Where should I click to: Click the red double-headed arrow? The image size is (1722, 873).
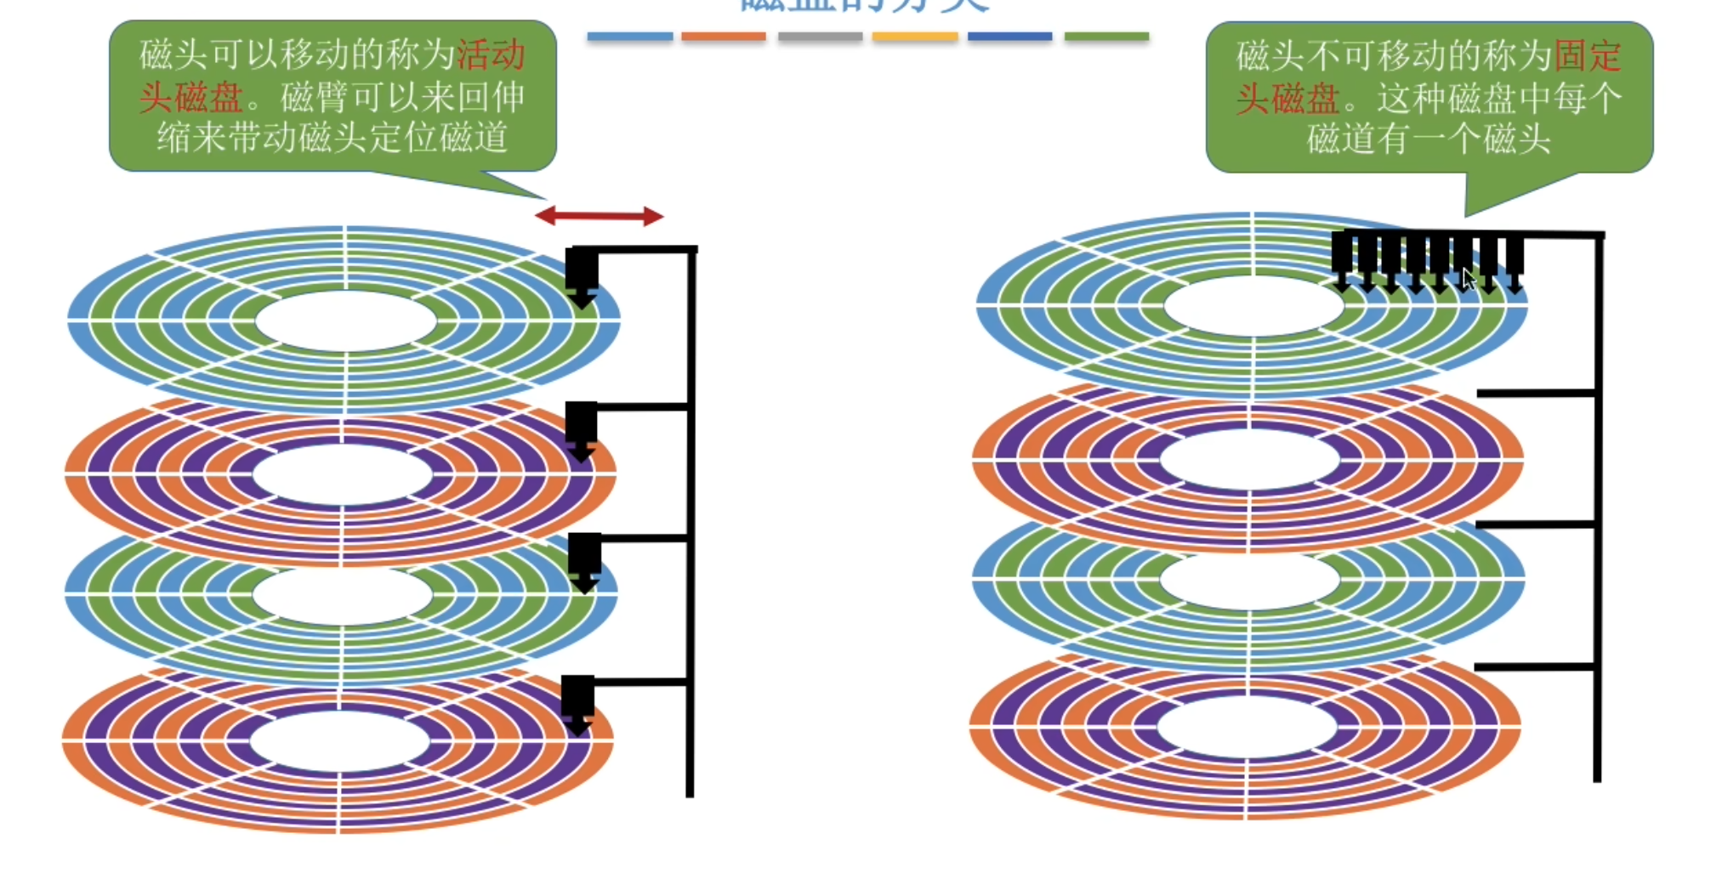tap(599, 216)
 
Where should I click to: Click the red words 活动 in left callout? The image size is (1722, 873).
tap(491, 56)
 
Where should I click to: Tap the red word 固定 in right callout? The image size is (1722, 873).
tap(1587, 57)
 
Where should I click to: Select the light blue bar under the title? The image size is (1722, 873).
tap(629, 37)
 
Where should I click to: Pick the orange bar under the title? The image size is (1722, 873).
tap(724, 37)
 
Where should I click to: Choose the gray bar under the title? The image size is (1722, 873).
tap(820, 37)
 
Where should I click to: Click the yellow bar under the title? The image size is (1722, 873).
tap(915, 37)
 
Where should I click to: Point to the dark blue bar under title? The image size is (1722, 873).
tap(1009, 37)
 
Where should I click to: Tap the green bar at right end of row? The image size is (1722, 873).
tap(1106, 37)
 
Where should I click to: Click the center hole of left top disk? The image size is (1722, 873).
tap(345, 321)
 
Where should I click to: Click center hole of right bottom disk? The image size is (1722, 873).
tap(1247, 728)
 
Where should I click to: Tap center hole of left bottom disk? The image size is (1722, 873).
tap(340, 741)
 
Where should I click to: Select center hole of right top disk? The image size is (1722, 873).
tap(1253, 306)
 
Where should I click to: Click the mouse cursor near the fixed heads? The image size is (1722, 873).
tap(1469, 280)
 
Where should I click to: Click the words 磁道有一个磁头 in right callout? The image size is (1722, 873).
tap(1429, 139)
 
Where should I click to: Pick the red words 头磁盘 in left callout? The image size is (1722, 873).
tap(191, 98)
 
